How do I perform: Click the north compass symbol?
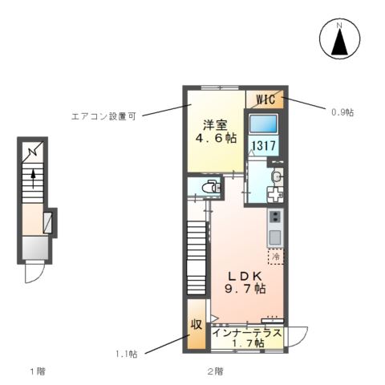click(338, 38)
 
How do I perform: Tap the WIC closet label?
click(265, 99)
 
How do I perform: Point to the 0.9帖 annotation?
click(341, 112)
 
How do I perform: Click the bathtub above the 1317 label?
click(262, 124)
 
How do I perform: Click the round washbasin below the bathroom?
click(276, 176)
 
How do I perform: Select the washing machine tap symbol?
click(275, 194)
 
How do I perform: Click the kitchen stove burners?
click(274, 218)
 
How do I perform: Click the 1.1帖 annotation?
click(127, 354)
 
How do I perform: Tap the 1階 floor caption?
click(37, 371)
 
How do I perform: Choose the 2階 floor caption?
click(214, 371)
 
